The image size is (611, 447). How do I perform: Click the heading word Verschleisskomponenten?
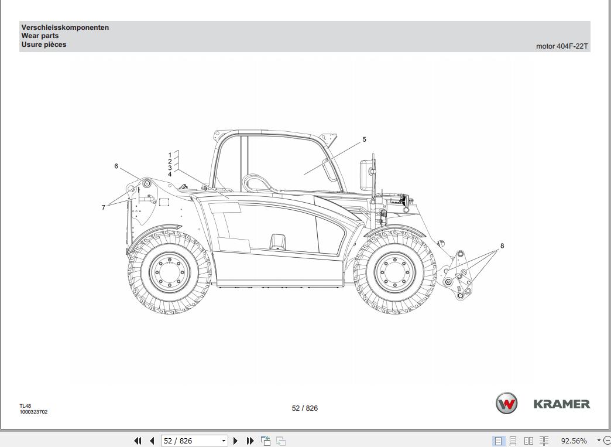[65, 28]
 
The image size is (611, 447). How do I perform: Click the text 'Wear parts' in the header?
[40, 36]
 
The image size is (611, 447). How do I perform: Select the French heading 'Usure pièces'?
[44, 45]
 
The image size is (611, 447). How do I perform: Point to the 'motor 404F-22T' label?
[562, 46]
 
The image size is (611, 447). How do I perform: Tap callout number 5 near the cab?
[364, 139]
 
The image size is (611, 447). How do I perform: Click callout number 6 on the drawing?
[116, 166]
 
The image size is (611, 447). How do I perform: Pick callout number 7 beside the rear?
[104, 207]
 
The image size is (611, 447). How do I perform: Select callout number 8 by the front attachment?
[502, 246]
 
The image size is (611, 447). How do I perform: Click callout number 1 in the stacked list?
[170, 155]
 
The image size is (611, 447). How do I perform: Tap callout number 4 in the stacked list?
[170, 175]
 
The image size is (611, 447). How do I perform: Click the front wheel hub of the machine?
[395, 271]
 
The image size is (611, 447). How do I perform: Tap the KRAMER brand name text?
[561, 404]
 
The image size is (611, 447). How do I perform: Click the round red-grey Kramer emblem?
[507, 404]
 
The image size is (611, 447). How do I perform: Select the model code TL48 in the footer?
[25, 406]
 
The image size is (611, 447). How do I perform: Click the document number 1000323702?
[33, 412]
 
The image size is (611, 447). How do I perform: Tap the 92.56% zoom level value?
[574, 441]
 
